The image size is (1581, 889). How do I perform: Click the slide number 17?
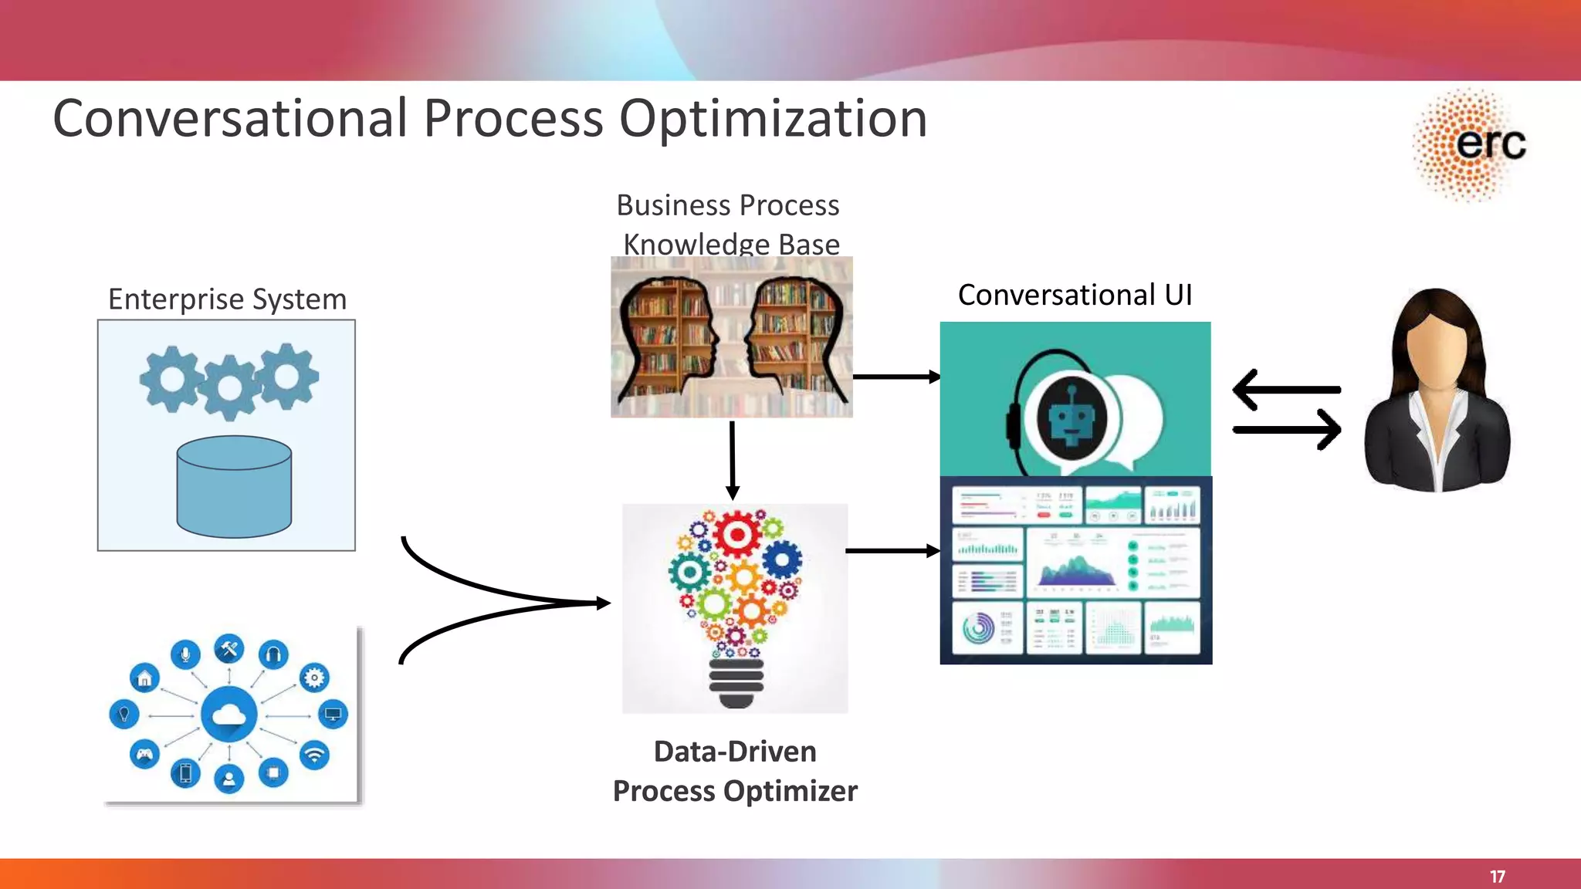tap(1497, 877)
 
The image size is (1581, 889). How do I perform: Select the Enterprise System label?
tap(227, 299)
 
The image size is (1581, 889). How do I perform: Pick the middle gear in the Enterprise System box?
tap(229, 388)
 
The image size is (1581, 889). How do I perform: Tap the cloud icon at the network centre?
tap(229, 715)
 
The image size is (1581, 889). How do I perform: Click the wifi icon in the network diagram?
tap(314, 754)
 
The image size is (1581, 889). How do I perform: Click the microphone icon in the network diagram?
tap(185, 654)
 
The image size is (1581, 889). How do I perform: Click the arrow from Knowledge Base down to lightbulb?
tap(733, 460)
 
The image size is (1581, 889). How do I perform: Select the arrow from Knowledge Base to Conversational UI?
tap(895, 377)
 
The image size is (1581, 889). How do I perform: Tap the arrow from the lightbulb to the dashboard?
tap(892, 551)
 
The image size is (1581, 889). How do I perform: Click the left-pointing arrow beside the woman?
tap(1285, 390)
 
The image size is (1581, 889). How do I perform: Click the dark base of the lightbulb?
tap(736, 683)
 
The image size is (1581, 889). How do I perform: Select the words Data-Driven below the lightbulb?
tap(735, 752)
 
